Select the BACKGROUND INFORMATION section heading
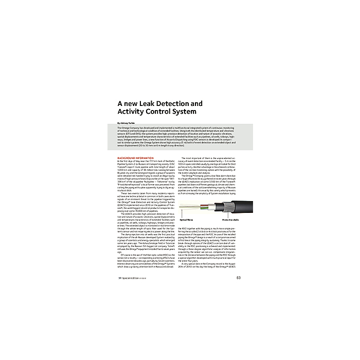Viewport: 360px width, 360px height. (x=135, y=158)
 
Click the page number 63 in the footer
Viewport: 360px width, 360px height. (x=239, y=278)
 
